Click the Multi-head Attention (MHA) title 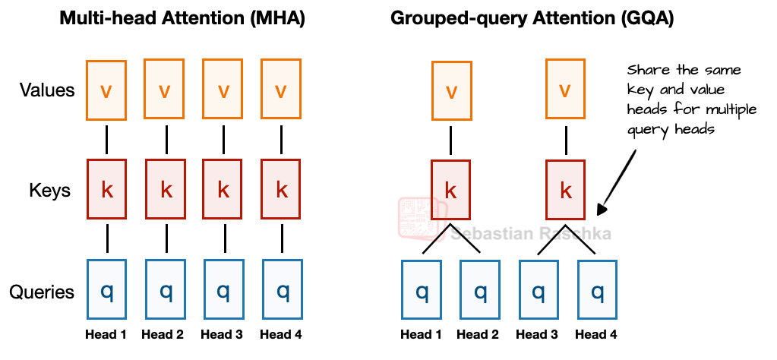tap(182, 19)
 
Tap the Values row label tap(47, 90)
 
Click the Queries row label tap(42, 292)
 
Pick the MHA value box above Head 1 tap(106, 90)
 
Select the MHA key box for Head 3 tap(223, 189)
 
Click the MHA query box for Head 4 tap(282, 290)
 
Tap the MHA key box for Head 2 tap(165, 189)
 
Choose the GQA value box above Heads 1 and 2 tap(451, 91)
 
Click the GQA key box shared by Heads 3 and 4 tap(565, 190)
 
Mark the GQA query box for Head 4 tap(597, 291)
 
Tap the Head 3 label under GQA tap(537, 334)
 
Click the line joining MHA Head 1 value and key tap(106, 139)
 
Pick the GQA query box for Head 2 tap(479, 291)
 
